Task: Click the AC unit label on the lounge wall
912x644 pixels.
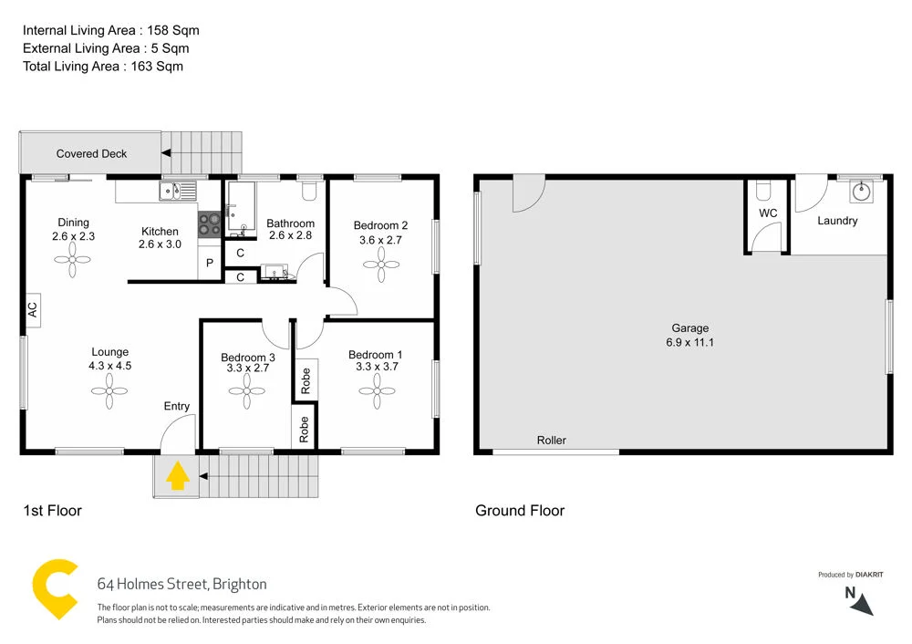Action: [32, 309]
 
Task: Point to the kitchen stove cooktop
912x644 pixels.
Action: [210, 224]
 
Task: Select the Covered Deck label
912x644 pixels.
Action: [91, 154]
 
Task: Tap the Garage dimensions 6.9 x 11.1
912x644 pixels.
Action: [689, 343]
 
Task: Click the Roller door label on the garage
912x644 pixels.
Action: [551, 441]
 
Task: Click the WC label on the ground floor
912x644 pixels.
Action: [768, 213]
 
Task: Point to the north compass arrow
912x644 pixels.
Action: [863, 604]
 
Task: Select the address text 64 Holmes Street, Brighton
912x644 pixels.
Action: [181, 584]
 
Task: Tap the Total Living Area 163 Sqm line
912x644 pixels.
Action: [103, 66]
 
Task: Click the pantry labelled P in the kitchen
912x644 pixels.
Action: [210, 264]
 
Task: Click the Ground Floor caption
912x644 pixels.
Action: [519, 511]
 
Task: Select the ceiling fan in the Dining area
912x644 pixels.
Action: [74, 260]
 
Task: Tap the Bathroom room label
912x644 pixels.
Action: [290, 223]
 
